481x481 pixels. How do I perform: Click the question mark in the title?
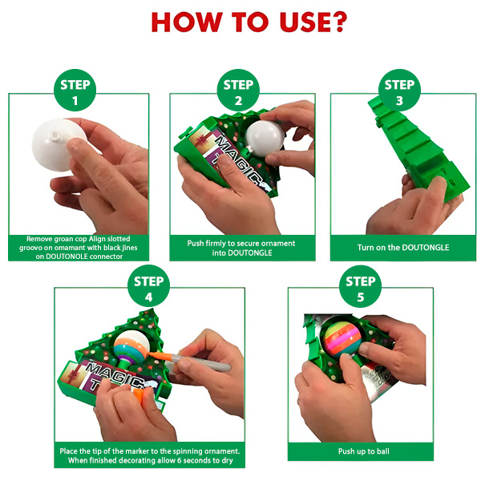338,22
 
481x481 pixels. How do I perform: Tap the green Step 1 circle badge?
75,90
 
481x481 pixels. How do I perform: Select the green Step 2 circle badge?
238,90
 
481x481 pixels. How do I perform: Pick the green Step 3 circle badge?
399,90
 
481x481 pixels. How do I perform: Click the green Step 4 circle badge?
148,286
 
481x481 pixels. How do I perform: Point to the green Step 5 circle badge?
361,286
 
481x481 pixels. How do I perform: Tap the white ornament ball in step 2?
264,138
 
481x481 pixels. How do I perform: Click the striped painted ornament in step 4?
131,345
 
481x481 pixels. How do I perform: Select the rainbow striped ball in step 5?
342,341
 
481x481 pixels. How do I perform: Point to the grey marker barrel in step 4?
200,362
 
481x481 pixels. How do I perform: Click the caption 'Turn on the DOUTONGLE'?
403,248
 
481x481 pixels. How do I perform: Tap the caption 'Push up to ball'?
363,451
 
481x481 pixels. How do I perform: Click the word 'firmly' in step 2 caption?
216,243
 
